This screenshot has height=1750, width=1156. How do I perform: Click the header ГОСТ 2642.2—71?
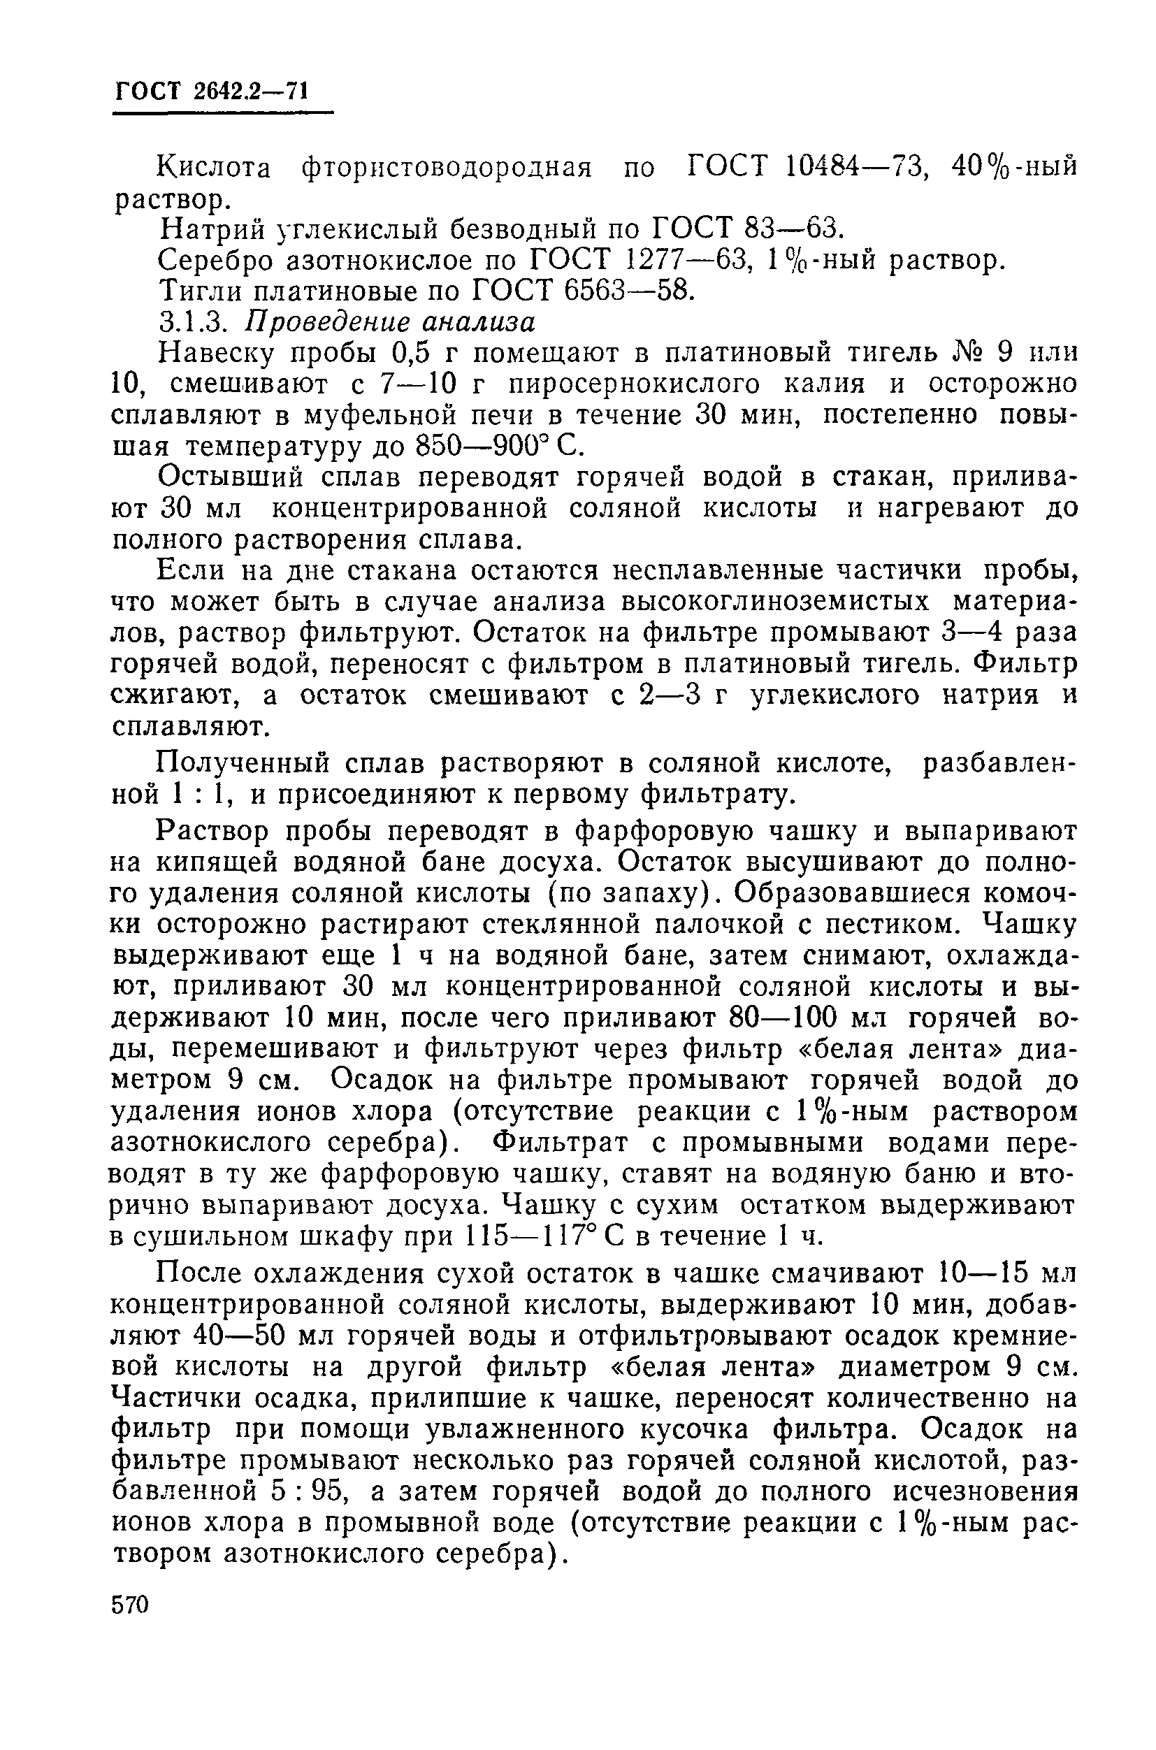coord(211,92)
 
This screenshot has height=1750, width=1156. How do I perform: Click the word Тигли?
coord(200,292)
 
